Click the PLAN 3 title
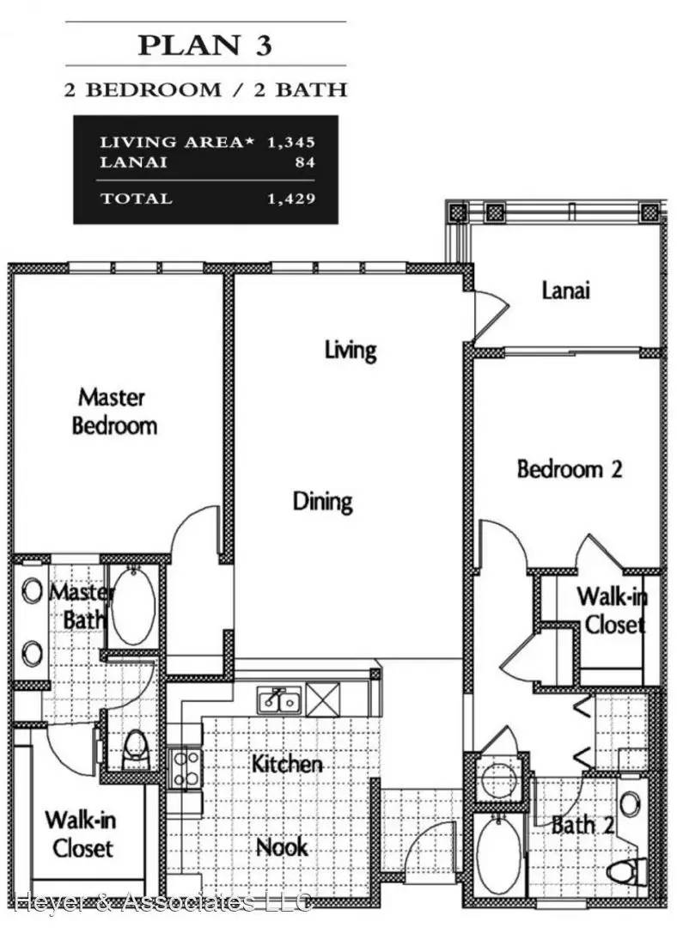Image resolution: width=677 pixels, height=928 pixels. click(x=204, y=46)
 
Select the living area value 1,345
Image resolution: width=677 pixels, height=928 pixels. click(x=291, y=142)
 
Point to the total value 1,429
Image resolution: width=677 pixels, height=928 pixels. click(x=291, y=198)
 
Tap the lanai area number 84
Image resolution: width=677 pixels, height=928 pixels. click(x=305, y=162)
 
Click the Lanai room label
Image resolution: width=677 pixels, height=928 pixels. click(x=566, y=290)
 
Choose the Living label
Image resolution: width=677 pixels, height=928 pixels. click(x=351, y=350)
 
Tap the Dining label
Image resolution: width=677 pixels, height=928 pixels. click(x=322, y=502)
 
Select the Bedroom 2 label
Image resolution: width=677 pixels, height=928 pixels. click(x=570, y=469)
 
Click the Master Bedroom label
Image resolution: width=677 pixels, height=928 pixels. click(x=114, y=412)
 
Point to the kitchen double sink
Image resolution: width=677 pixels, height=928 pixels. click(x=278, y=699)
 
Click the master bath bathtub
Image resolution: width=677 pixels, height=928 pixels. click(x=134, y=606)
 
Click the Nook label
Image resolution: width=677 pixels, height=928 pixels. click(x=283, y=847)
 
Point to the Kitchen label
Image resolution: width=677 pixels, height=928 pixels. click(x=287, y=764)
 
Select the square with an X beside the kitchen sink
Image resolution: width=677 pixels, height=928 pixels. click(x=322, y=699)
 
